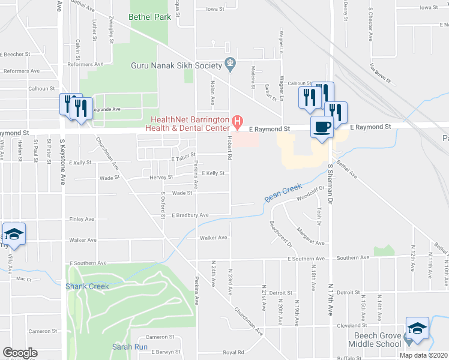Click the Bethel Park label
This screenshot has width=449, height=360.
pyautogui.click(x=150, y=17)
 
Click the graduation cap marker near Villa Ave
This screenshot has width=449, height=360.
pyautogui.click(x=14, y=233)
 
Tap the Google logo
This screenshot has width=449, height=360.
pyautogui.click(x=20, y=353)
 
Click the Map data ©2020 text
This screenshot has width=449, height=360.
pyautogui.click(x=422, y=355)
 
